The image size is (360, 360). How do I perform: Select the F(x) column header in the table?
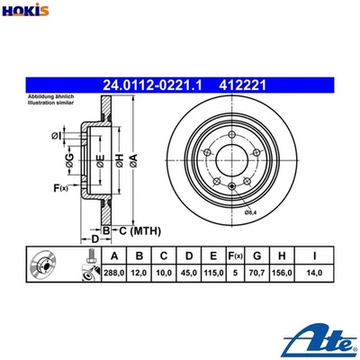pyautogui.click(x=238, y=256)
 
